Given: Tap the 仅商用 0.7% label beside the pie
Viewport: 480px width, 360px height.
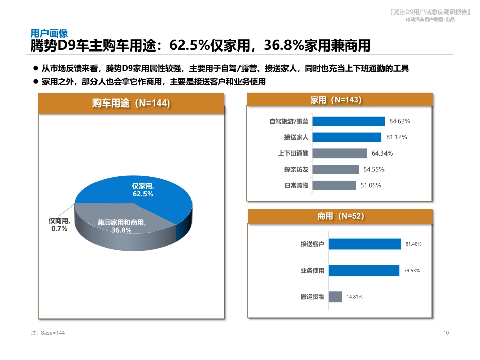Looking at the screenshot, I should point(59,225).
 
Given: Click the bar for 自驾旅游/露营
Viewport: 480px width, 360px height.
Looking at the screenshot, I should point(349,121).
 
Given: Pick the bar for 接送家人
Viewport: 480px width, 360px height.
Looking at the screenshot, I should point(347,137).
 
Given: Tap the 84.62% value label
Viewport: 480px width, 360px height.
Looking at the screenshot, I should point(399,121).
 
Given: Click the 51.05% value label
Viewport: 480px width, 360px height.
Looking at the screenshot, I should point(371,185).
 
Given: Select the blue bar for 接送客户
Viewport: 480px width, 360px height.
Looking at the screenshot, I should point(365,244).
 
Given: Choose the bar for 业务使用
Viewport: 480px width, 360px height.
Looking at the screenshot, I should point(364,271).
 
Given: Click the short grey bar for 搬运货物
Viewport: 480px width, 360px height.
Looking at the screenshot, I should point(335,297).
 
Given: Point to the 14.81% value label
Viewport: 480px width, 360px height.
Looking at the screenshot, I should point(354,297).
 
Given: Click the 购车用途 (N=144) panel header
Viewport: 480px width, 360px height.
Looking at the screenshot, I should point(131,104).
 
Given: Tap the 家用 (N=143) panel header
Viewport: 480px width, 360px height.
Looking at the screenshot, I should point(339,100).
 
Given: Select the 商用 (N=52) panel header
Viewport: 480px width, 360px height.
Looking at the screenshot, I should point(340,216).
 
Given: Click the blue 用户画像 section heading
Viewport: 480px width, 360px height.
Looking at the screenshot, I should point(49,33).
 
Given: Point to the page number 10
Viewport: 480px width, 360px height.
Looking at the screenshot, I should point(446,333).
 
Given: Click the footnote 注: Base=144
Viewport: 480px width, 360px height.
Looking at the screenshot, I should point(48,333).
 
